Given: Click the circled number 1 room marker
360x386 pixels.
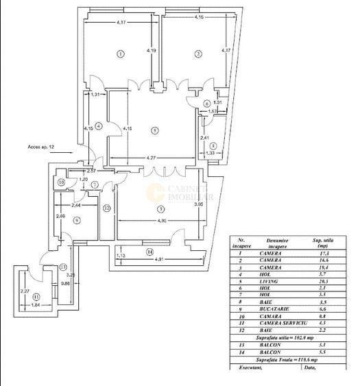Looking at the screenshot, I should coord(120,53).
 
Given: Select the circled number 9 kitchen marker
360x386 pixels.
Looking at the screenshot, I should coord(76,220).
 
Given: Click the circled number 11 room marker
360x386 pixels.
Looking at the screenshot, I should coord(27,297).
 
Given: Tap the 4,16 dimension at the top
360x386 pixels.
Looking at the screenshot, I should coord(199,16).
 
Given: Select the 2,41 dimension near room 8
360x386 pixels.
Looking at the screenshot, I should coord(204,138).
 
